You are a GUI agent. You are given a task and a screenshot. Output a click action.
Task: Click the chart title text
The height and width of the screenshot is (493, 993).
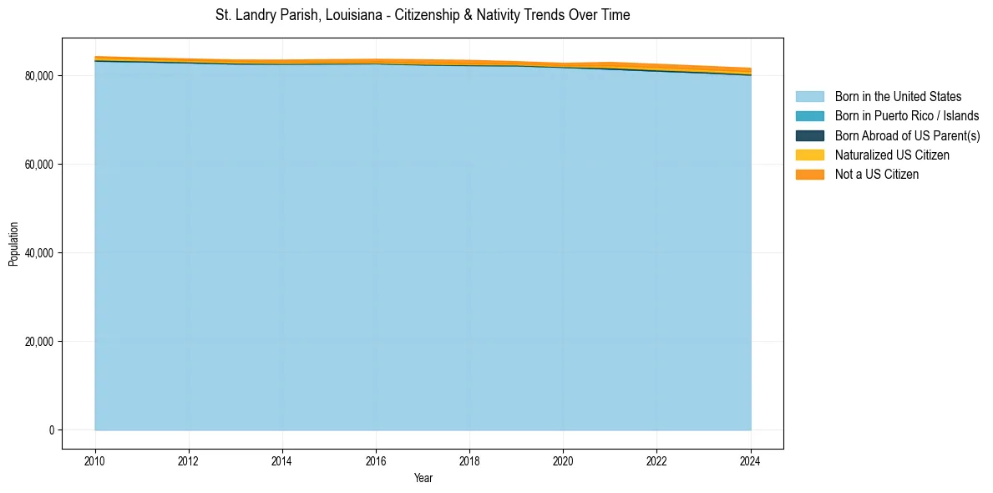[x=423, y=15]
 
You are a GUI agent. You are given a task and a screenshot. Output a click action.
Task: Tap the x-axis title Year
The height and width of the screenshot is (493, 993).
[x=423, y=478]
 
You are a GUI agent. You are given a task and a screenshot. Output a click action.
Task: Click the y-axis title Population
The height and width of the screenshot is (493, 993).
[x=13, y=244]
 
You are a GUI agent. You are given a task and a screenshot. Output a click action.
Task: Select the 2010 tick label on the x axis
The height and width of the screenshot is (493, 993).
[x=95, y=460]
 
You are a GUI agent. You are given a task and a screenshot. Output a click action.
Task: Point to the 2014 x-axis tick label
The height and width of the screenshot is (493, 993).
[x=282, y=460]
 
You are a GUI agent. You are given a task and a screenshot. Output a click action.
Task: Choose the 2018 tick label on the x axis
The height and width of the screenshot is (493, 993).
[x=469, y=460]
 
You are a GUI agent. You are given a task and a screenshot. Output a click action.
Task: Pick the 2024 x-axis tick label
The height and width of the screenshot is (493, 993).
[x=751, y=460]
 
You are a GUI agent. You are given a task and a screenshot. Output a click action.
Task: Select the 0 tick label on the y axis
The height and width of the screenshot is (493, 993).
[x=51, y=430]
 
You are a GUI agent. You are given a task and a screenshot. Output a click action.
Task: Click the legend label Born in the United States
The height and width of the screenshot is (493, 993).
[x=898, y=97]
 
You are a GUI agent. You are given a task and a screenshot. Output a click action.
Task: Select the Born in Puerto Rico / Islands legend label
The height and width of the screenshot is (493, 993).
[x=907, y=116]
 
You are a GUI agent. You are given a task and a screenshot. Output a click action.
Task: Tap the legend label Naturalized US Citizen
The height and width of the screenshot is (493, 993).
[x=892, y=155]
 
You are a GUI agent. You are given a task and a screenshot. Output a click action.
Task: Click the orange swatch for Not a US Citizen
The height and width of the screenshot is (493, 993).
[x=809, y=175]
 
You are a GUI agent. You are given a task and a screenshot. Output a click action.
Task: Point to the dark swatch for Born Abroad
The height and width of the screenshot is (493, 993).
[x=809, y=135]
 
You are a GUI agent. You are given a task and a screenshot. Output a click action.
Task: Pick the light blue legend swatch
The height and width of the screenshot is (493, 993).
[x=809, y=97]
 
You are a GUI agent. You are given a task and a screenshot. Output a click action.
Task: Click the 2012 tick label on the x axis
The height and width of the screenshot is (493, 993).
[x=189, y=460]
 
